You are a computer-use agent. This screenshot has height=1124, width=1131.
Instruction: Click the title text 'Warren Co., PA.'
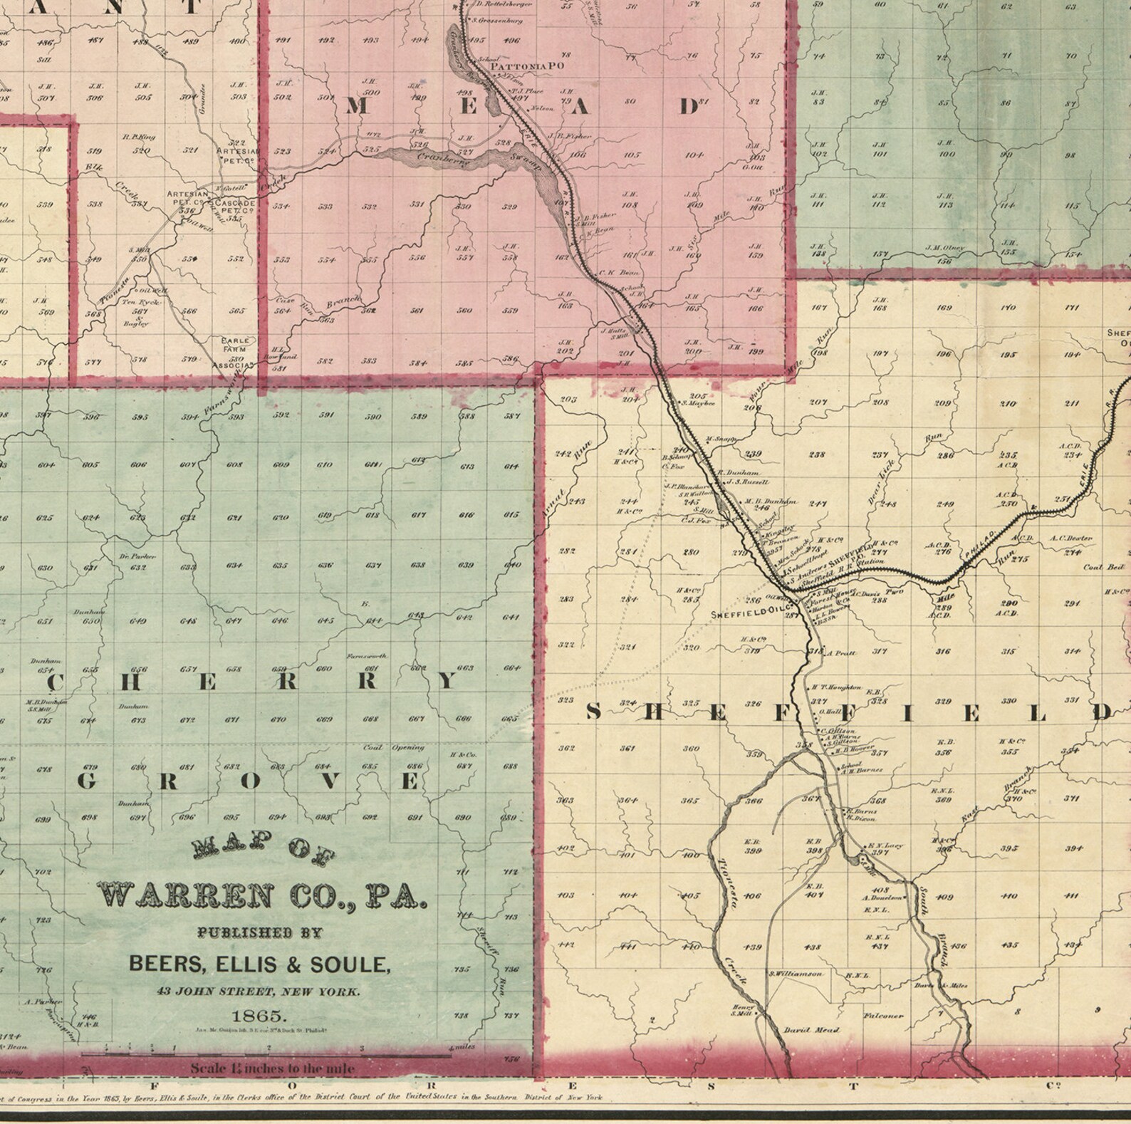click(261, 895)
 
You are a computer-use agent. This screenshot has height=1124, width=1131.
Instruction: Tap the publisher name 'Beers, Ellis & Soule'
click(259, 964)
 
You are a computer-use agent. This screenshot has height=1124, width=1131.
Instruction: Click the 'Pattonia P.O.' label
click(527, 66)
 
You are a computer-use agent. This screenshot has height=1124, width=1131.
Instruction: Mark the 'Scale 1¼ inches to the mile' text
click(272, 1068)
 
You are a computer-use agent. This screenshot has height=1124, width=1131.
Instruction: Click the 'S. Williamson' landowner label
click(795, 974)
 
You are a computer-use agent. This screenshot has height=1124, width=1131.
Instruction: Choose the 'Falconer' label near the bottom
click(883, 1016)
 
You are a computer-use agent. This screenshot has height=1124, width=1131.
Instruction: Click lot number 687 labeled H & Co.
click(464, 766)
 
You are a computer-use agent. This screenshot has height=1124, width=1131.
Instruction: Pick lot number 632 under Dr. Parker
click(138, 567)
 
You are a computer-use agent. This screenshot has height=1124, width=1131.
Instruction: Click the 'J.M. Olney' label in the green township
click(944, 248)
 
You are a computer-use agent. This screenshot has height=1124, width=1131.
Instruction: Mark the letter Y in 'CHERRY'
click(447, 682)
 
